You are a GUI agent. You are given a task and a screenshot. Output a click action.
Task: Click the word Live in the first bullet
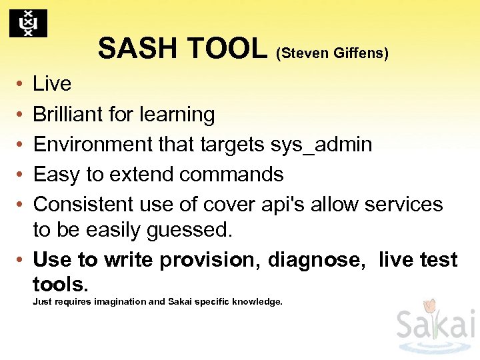click(52, 84)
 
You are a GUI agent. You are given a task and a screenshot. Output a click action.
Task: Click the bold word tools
click(60, 285)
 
